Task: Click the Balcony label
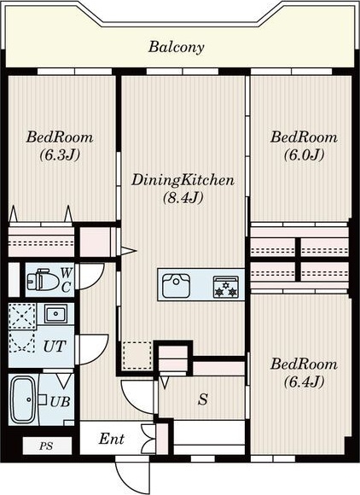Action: coord(177,47)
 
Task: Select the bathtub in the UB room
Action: coord(23,399)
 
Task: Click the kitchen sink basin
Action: coord(176,285)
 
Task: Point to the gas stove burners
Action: coord(226,287)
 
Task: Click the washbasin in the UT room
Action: coord(55,314)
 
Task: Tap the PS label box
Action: coord(47,445)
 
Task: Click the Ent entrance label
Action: coord(112,439)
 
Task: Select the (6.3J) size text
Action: coord(60,155)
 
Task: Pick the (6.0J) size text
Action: coord(305,155)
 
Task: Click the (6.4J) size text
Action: coord(305,382)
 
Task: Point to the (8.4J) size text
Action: coord(183,198)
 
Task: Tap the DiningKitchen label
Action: coord(183,180)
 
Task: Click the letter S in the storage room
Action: coord(203,399)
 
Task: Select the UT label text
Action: coord(55,346)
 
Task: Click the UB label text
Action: coord(60,402)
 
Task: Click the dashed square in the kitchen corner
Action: coord(137,356)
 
